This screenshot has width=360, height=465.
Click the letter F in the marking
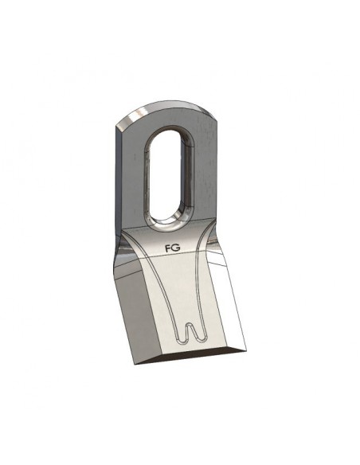tap(167, 248)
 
